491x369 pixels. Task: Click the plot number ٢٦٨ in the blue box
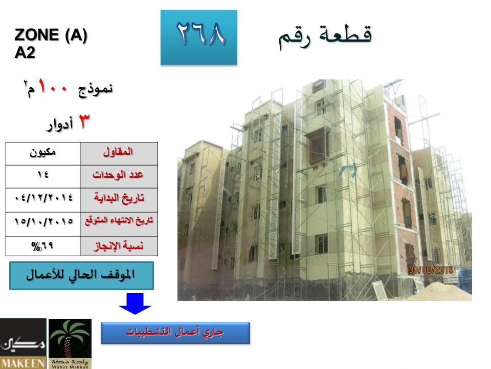(200, 33)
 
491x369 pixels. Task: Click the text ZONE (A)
(51, 35)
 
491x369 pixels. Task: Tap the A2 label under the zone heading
(25, 52)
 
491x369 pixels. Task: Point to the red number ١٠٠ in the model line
(53, 86)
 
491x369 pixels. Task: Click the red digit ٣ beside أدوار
(83, 121)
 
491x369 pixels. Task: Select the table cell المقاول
(119, 154)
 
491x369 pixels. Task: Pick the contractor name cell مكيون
(43, 154)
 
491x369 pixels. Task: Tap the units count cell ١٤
(43, 177)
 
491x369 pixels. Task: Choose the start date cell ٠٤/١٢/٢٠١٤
(43, 200)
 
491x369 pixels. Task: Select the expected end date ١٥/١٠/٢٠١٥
(43, 224)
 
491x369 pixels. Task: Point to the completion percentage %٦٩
(43, 246)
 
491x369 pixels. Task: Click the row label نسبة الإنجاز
(119, 245)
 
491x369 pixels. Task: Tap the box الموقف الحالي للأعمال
(81, 276)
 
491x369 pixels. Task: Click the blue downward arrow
(135, 303)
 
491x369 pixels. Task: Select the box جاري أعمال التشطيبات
(175, 333)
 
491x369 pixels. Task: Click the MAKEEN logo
(23, 343)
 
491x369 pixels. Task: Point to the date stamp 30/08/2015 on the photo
(431, 270)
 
